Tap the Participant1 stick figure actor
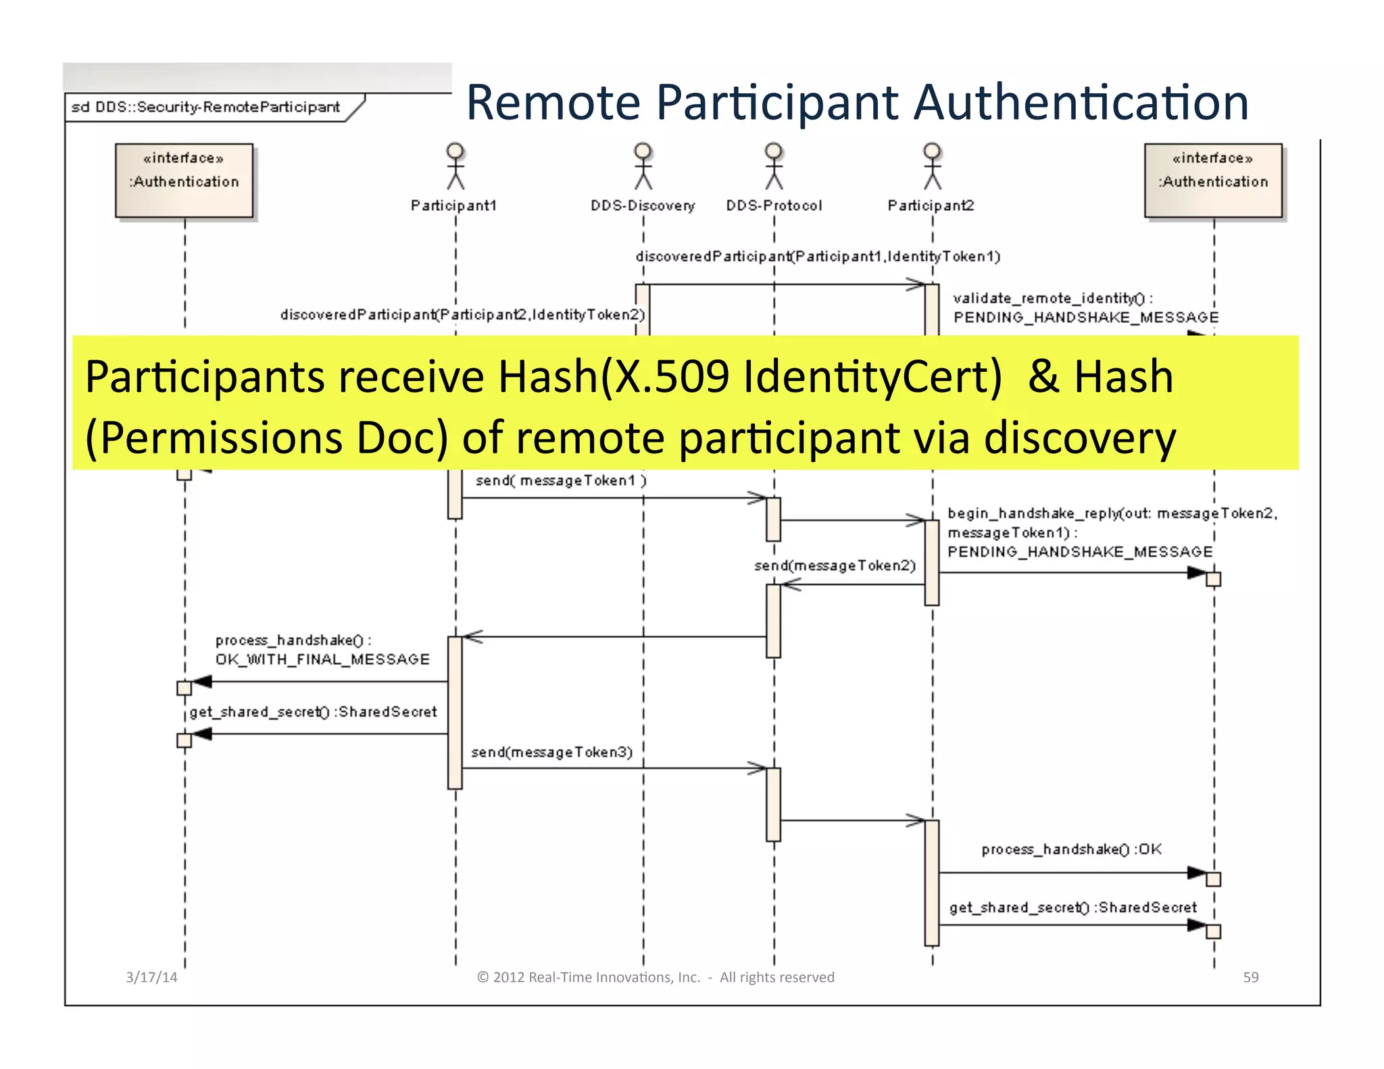[455, 166]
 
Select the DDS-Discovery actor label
[642, 205]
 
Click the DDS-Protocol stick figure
[774, 166]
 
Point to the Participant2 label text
[931, 205]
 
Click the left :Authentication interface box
[184, 180]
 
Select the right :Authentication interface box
[1213, 180]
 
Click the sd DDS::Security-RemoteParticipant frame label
[206, 107]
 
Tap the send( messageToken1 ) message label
[561, 480]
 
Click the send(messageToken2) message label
[835, 566]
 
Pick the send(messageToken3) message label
[551, 752]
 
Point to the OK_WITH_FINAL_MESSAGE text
[322, 660]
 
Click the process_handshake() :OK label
[1071, 849]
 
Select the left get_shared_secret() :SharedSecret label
[313, 712]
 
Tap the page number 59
[1250, 977]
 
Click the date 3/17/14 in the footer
[151, 977]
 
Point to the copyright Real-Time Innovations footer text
[656, 977]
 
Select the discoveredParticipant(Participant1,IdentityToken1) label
[818, 257]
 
